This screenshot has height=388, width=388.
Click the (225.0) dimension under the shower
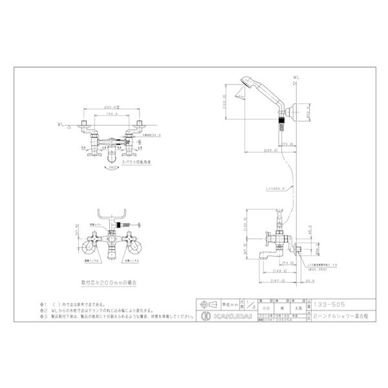pyautogui.click(x=272, y=151)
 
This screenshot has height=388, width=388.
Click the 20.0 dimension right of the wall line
pyautogui.click(x=310, y=280)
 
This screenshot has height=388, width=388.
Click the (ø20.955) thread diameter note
pyautogui.click(x=315, y=268)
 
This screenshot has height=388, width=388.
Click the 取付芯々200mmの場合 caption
pyautogui.click(x=110, y=281)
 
